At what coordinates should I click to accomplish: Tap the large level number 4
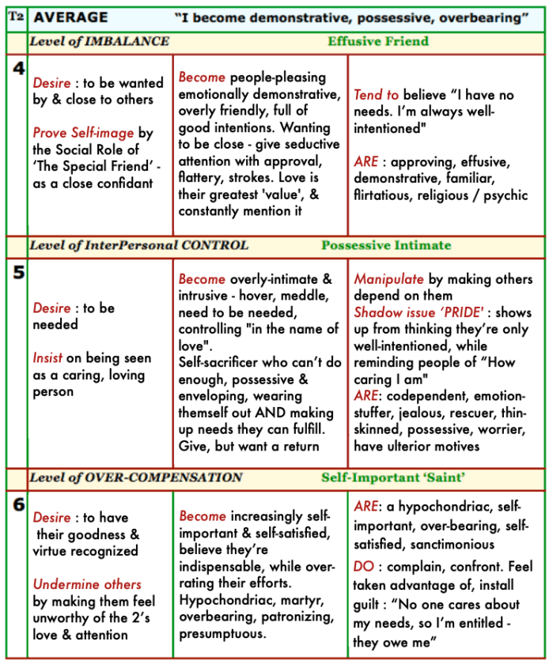click(17, 68)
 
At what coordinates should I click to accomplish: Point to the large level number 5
click(17, 270)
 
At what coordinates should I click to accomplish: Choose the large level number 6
click(17, 504)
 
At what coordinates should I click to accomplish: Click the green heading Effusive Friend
click(378, 41)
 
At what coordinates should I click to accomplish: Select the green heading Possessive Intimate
click(386, 245)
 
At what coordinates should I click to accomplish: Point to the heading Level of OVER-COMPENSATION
click(135, 477)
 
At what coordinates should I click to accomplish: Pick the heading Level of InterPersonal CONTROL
click(138, 245)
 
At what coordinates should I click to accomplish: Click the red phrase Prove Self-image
click(83, 133)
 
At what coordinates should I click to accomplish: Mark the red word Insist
click(47, 358)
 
